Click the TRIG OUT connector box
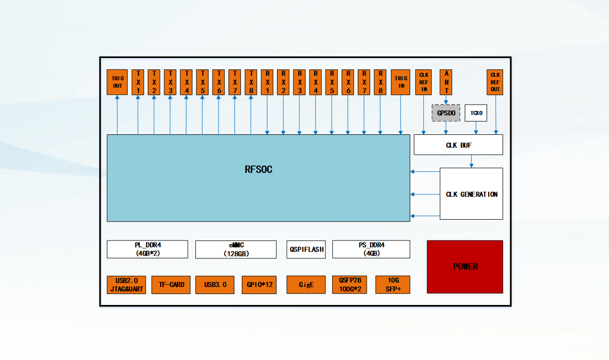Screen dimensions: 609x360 (117, 82)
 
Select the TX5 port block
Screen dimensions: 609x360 (202, 82)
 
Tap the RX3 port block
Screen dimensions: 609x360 (299, 82)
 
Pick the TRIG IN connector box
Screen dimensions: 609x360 (400, 82)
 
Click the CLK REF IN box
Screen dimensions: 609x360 (423, 82)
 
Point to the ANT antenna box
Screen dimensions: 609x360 (446, 82)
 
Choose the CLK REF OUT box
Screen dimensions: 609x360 (495, 82)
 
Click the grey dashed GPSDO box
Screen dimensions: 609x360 (446, 113)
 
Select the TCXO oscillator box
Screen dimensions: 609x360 (476, 113)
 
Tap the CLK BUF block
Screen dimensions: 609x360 (458, 145)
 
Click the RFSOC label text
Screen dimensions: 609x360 (258, 170)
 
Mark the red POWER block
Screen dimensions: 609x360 (465, 267)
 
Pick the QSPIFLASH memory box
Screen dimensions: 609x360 (306, 249)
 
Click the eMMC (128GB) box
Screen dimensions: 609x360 (236, 249)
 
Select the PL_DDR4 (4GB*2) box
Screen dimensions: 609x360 (147, 249)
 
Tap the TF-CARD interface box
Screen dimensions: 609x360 (171, 285)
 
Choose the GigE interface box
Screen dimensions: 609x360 (306, 285)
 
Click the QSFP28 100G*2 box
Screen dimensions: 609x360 (349, 285)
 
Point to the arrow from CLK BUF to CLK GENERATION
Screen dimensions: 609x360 (471, 161)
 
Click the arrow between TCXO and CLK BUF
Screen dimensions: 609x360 (476, 128)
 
